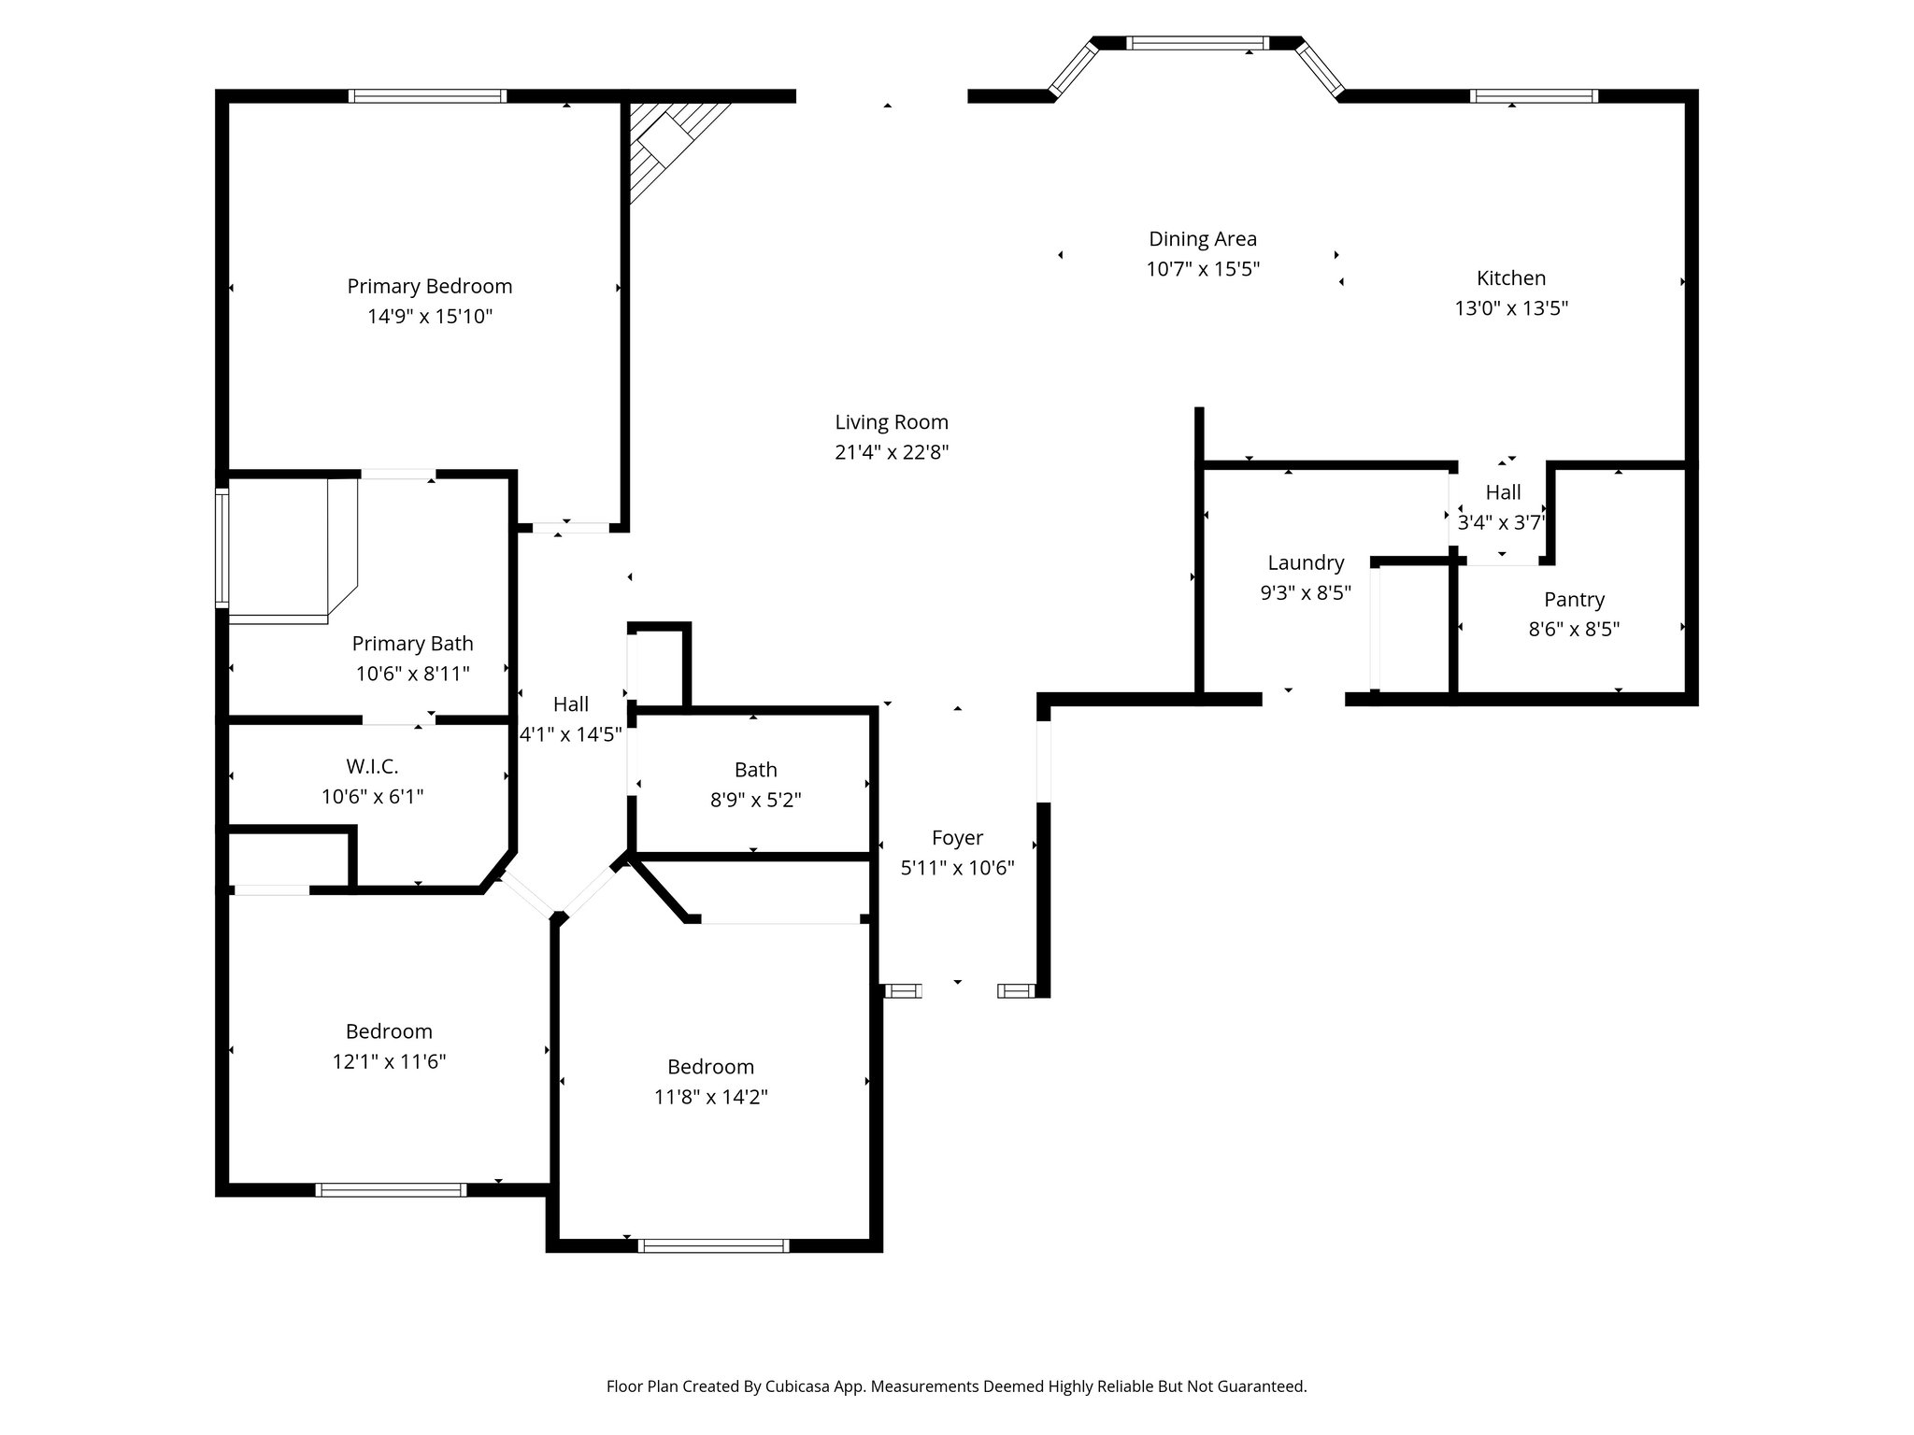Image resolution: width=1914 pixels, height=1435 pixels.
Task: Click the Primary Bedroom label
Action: pos(430,286)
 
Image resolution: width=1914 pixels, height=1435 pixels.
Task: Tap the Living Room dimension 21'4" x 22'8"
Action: pos(892,452)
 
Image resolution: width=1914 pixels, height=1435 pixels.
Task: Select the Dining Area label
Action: pos(1203,239)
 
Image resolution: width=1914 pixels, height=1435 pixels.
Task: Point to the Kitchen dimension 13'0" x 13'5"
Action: pos(1511,308)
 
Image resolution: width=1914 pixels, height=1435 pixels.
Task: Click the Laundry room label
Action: pos(1306,562)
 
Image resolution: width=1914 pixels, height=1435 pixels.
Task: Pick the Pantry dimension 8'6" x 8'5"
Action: pos(1574,630)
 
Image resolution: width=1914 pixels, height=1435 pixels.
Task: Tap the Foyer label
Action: pos(957,838)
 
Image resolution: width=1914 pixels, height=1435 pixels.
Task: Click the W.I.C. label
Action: pos(372,767)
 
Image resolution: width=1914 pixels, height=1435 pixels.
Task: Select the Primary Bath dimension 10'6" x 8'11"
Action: pos(412,674)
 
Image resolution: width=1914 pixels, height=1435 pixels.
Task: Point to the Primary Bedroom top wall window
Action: pos(428,95)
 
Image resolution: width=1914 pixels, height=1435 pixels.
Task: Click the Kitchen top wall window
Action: pos(1534,95)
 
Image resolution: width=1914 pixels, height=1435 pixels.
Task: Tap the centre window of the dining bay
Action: pos(1197,42)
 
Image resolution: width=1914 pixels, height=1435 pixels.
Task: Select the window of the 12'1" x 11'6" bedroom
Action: pos(391,1189)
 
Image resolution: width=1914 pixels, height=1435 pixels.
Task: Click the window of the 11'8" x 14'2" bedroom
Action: pos(713,1244)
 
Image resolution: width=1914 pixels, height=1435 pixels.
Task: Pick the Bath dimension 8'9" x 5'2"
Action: pos(755,801)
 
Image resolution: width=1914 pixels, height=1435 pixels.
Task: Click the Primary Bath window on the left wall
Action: pos(222,547)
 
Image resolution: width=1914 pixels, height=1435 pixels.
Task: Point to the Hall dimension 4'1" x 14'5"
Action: pos(570,735)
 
